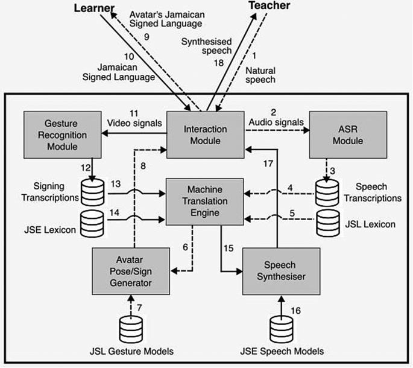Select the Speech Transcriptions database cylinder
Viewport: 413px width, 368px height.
coord(326,192)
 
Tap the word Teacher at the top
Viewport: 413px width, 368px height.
coord(270,6)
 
